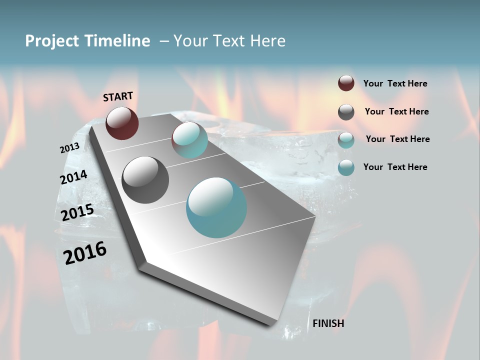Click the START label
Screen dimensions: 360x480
[118, 96]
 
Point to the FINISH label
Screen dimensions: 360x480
[328, 323]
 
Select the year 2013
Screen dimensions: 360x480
[69, 148]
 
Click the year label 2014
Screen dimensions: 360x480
[73, 177]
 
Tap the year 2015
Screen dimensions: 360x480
[77, 212]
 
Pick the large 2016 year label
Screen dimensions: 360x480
[85, 253]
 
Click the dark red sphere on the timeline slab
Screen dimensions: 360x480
[122, 123]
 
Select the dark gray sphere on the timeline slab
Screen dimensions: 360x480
[145, 180]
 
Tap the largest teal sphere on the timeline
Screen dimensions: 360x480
[216, 207]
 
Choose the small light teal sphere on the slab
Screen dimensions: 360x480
[189, 140]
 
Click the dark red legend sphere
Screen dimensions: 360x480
[346, 83]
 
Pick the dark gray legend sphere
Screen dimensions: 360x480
[346, 112]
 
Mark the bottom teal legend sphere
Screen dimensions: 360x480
[346, 167]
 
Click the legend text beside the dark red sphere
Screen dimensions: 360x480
[395, 83]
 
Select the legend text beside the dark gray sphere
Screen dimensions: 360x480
[396, 111]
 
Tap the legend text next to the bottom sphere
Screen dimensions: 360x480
[395, 167]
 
